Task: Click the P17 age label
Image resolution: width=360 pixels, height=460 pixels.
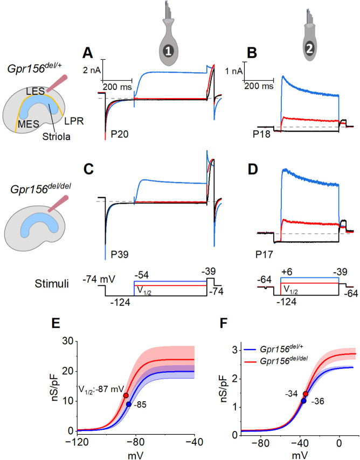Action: [x=265, y=249]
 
